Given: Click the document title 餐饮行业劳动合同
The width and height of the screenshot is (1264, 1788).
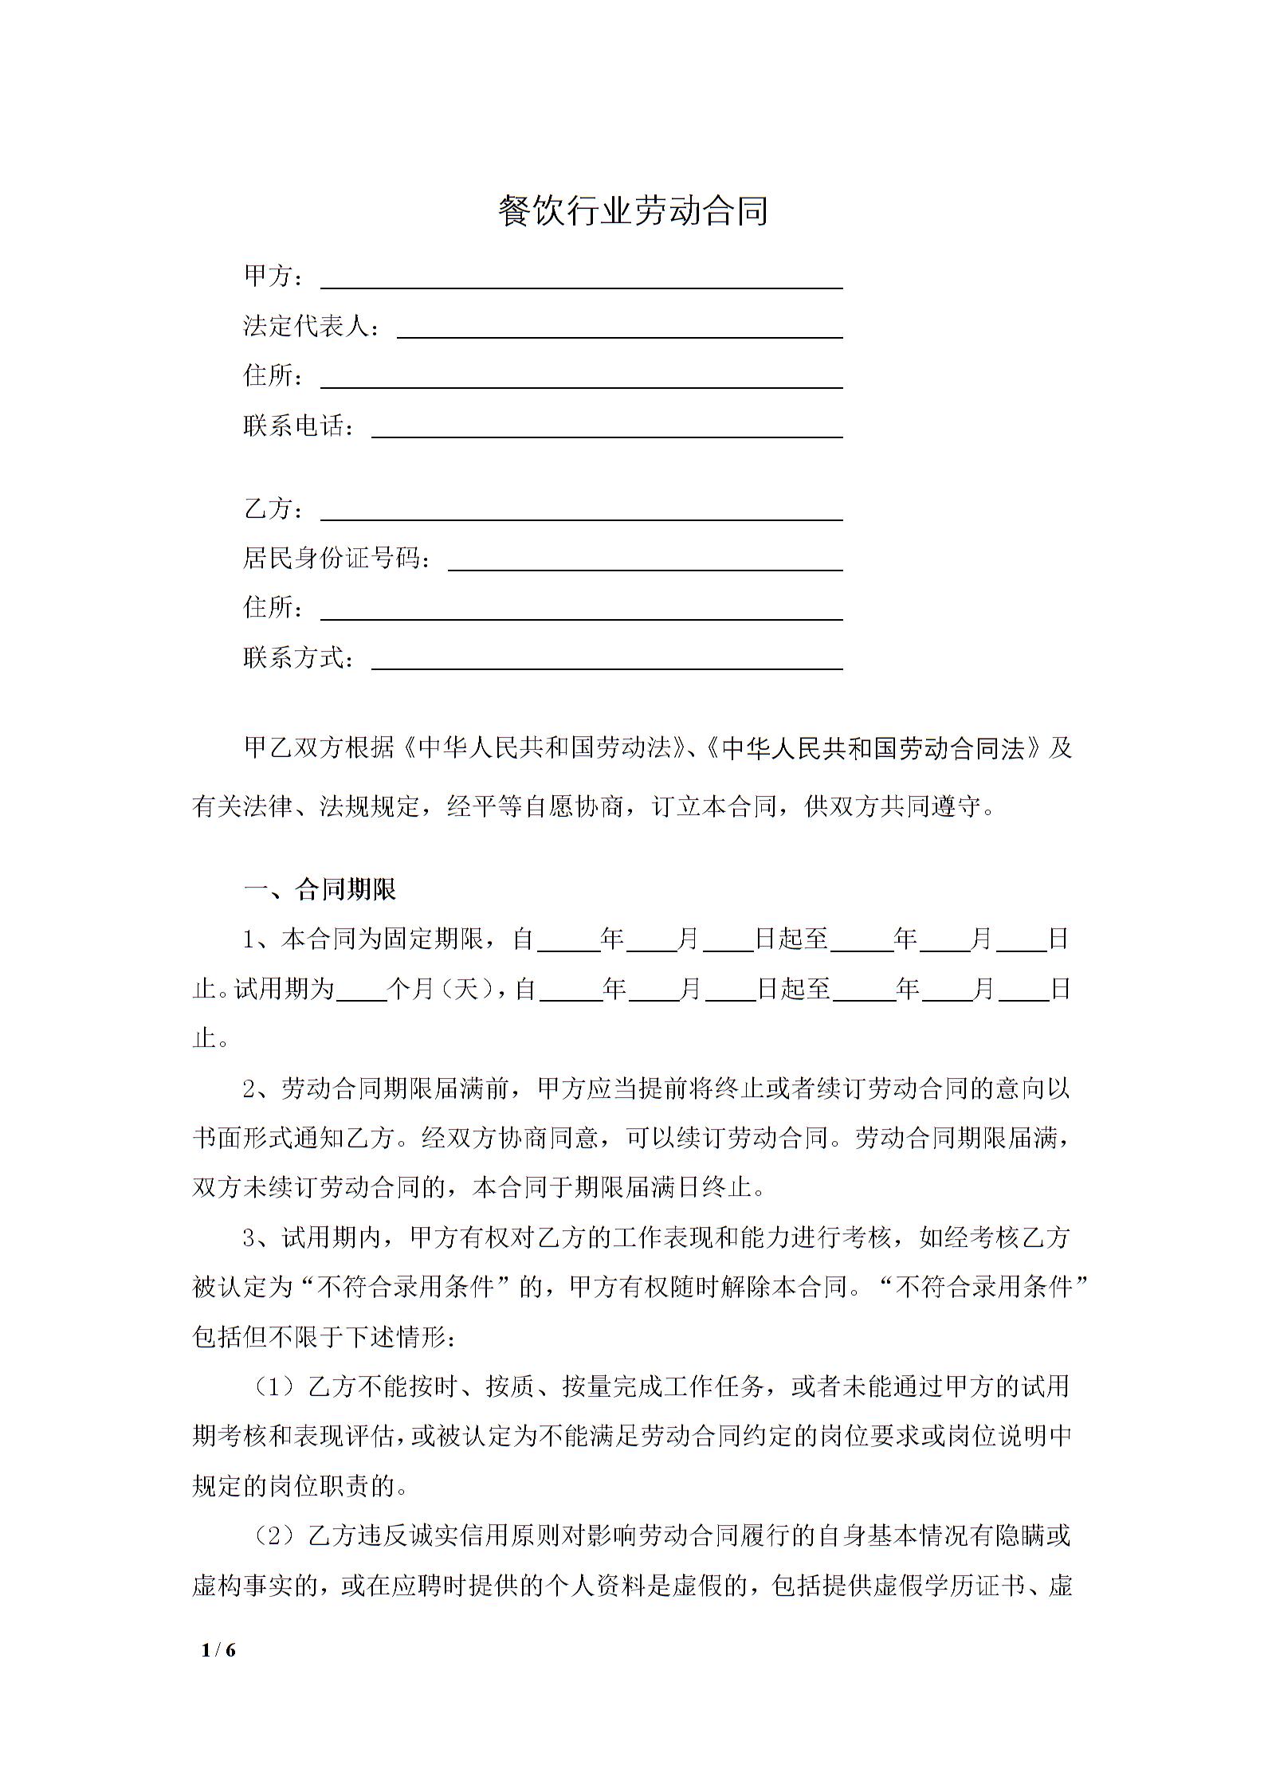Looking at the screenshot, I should coord(633,211).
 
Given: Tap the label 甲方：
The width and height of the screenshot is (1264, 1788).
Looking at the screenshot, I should coord(273,276).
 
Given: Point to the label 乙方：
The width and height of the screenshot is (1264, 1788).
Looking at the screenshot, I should coord(273,508).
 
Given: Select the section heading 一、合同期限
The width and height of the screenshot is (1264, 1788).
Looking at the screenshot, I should coord(320,889).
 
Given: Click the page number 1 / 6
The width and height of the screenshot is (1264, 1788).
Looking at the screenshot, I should coord(219,1650).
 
